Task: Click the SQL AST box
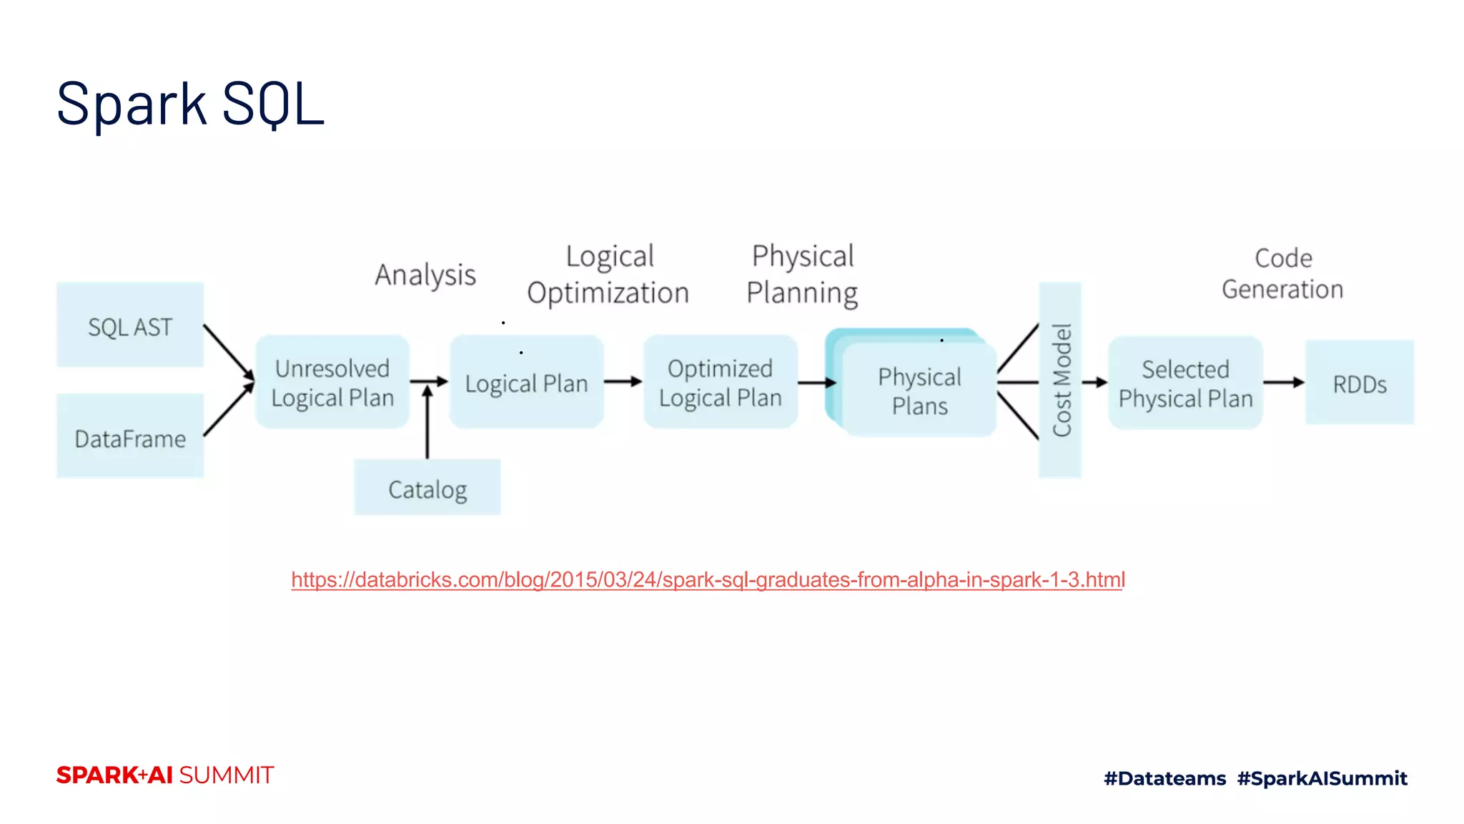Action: (130, 325)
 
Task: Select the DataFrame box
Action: (130, 436)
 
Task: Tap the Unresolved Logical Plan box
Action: (332, 382)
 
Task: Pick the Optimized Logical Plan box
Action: (720, 382)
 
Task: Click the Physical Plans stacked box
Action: (919, 390)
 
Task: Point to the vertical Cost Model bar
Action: (1060, 380)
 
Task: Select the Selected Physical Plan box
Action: (1185, 383)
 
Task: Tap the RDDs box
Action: (1360, 383)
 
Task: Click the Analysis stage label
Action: (425, 275)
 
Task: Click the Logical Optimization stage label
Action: (608, 275)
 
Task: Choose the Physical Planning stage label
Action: (802, 275)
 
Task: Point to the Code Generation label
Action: (1282, 274)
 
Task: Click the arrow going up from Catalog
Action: (427, 422)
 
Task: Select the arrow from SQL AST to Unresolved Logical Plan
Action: (229, 353)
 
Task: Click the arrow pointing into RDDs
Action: (1284, 383)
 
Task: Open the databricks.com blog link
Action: (708, 579)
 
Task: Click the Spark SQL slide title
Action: (190, 104)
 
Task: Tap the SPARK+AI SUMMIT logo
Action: (165, 775)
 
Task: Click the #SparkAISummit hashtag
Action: (1322, 778)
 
